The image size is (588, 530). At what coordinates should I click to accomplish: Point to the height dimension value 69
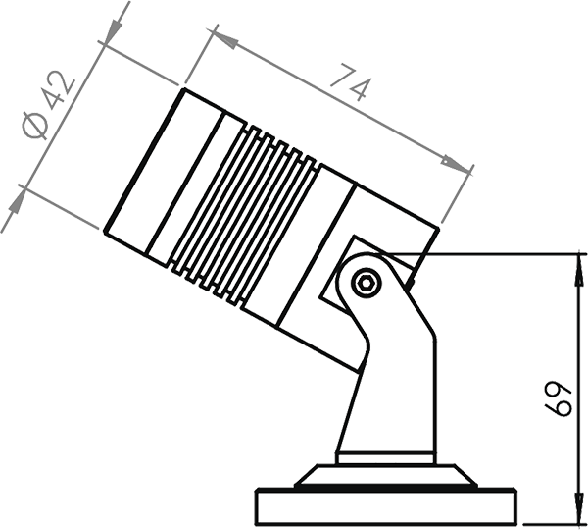(557, 400)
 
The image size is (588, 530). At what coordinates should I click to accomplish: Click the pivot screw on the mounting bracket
(367, 283)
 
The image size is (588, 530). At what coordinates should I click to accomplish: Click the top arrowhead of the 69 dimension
(576, 267)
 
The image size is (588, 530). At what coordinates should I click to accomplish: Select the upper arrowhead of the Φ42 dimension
(112, 30)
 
